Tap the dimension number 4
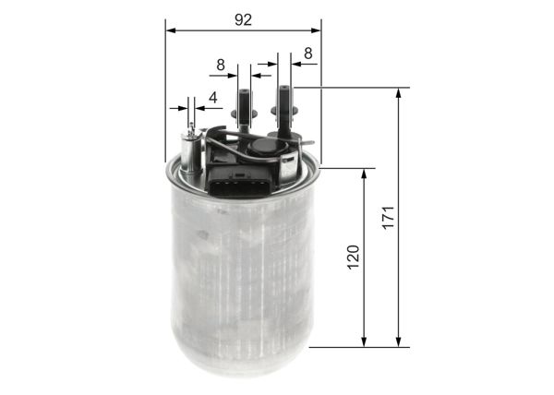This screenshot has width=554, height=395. pos(212,98)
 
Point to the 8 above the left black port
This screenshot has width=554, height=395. pos(221,65)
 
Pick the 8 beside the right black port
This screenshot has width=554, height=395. pos(307,54)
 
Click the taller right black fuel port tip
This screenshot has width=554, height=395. pos(285,90)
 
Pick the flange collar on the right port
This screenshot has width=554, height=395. pos(285,113)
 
